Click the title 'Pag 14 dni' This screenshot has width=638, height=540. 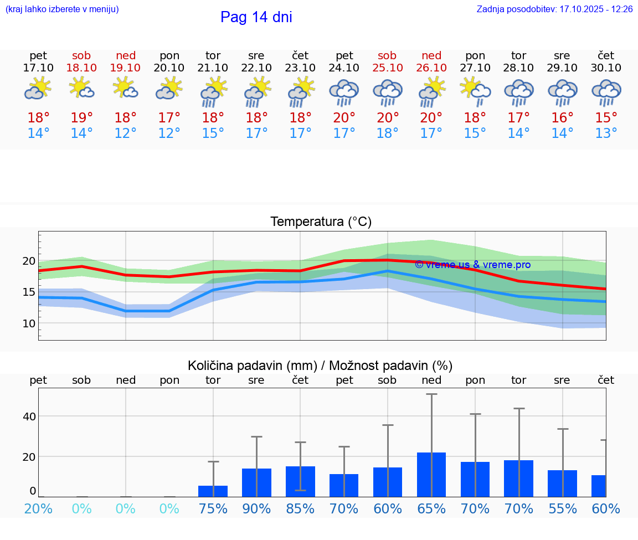pos(256,17)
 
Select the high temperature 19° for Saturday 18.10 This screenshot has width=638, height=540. pos(81,118)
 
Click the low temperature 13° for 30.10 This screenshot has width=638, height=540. pos(606,133)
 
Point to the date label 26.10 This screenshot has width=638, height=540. pos(431,68)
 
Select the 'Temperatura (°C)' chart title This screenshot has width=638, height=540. pos(321,222)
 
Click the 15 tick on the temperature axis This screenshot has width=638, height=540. pos(29,292)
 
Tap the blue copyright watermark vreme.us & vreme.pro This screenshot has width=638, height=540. pos(472,265)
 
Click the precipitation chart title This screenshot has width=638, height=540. pos(320,365)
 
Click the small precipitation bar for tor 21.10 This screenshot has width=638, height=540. pos(213,491)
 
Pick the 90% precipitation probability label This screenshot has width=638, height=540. pos(256,508)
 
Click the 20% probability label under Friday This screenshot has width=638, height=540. pos(38,508)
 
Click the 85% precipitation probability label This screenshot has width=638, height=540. pos(300,508)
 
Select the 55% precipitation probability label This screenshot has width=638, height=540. pos(562,508)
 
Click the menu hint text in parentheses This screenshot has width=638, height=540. pos(62,9)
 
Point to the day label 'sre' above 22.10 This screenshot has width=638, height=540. pos(256,55)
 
